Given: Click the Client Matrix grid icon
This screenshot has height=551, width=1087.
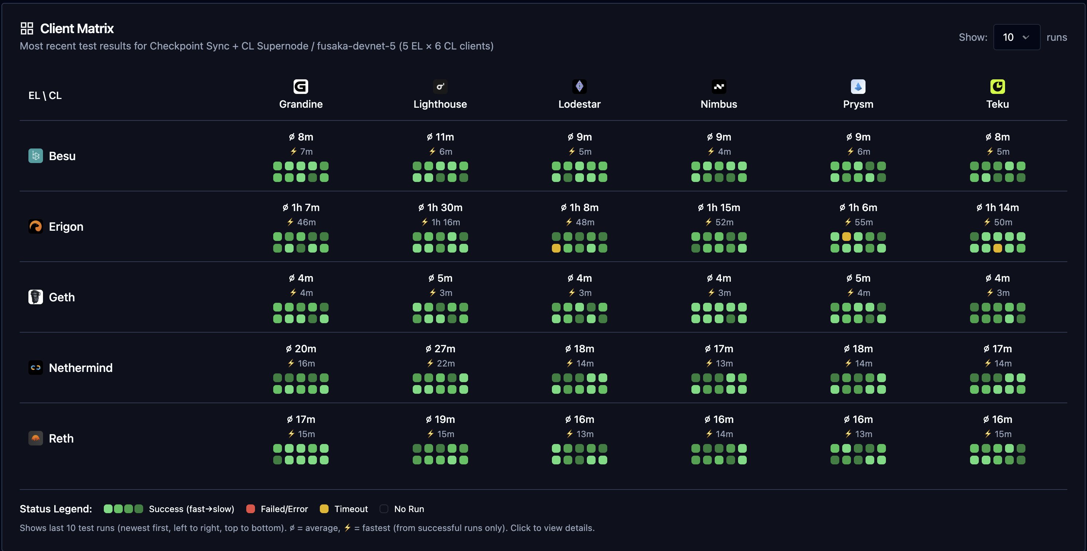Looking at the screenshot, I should tap(27, 28).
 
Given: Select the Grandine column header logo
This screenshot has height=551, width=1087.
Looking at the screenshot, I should tap(301, 86).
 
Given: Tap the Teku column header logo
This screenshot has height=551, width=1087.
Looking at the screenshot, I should tap(997, 86).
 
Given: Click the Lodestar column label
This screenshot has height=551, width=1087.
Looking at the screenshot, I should tap(579, 104).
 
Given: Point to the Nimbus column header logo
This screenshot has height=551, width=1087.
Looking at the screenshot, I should tap(719, 86).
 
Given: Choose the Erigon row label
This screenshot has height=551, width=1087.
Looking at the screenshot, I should tap(66, 226).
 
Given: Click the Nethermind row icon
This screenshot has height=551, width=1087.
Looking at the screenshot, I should tap(35, 368).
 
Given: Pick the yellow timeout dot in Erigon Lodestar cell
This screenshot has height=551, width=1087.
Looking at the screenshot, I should tap(556, 248).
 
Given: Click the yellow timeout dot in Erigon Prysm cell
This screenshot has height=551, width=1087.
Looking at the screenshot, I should tap(846, 237).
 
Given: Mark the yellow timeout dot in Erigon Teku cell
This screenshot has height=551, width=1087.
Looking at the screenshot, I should tap(997, 248).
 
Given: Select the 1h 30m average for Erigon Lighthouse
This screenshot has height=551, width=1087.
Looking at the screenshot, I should tap(440, 207).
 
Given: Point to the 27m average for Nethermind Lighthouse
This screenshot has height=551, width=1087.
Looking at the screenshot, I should tap(440, 349).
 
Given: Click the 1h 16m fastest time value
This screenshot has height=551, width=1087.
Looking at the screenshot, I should tap(445, 222).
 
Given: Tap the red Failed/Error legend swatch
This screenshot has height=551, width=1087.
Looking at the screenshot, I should tap(250, 509).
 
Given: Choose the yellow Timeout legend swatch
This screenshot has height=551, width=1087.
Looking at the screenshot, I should tap(324, 509).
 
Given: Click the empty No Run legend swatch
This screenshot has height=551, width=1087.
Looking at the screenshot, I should tap(384, 509).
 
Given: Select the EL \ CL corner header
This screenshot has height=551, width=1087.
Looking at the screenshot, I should tap(45, 96).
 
